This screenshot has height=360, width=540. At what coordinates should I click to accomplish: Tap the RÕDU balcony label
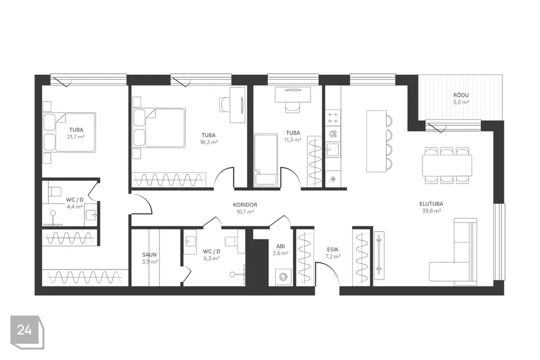461,95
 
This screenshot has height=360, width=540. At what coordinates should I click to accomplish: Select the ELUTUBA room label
431,204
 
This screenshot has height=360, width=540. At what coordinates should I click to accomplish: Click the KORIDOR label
245,205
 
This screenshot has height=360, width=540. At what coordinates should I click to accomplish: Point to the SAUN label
150,255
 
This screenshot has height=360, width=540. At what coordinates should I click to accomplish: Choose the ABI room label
280,246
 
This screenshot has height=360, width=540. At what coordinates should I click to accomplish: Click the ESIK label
332,249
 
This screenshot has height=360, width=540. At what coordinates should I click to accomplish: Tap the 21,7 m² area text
76,137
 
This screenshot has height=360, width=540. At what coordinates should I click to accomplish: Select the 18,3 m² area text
209,142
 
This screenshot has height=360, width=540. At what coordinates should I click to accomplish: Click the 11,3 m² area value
292,139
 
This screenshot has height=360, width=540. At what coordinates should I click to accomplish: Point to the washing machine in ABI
283,277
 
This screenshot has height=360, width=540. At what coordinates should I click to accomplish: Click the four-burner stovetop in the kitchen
332,118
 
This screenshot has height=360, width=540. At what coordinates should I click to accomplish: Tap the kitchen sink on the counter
332,150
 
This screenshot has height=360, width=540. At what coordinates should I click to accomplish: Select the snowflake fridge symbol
333,179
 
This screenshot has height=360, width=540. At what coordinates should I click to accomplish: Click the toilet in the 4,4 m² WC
54,191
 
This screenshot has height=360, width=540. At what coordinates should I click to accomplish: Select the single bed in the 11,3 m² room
265,160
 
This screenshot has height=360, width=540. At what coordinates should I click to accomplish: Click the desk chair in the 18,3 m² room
224,104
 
